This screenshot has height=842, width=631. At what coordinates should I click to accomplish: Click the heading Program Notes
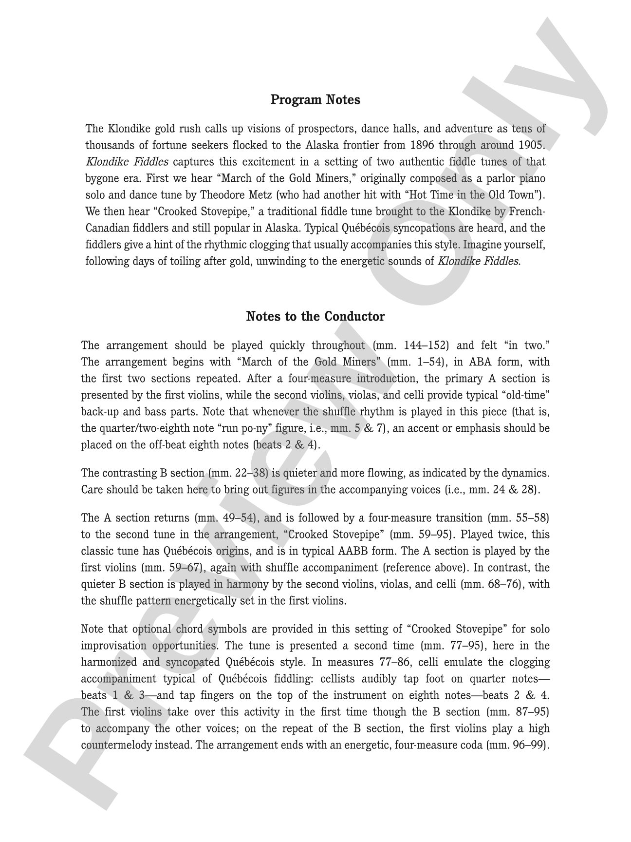point(315,100)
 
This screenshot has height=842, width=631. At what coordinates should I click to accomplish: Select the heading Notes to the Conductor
point(315,317)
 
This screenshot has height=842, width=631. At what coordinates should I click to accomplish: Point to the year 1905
point(531,145)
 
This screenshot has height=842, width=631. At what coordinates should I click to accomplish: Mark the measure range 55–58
point(530,517)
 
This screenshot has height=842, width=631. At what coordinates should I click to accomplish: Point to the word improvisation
point(116,646)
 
